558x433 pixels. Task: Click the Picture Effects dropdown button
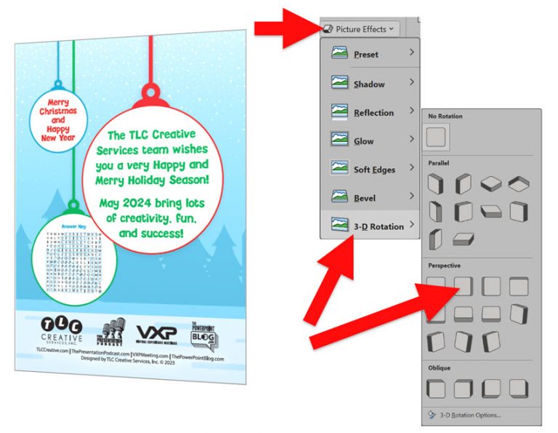(359, 29)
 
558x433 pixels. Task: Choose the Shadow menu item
(369, 84)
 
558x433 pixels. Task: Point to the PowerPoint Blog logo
(204, 334)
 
